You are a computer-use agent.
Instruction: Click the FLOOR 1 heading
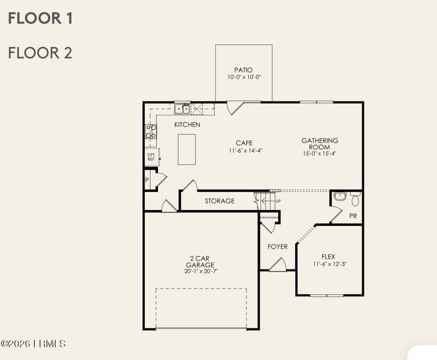coord(40,18)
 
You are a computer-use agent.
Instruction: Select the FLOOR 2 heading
coord(40,53)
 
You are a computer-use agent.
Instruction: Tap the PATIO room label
coord(244,70)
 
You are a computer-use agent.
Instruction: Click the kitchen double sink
coord(182,109)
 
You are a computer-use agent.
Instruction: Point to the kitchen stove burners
coord(151,131)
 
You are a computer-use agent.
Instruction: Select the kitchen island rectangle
coord(187,150)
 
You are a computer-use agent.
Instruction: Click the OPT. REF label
coord(151,157)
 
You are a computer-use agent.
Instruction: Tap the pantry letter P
coord(147,180)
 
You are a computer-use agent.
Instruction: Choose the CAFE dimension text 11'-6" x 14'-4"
coord(245,151)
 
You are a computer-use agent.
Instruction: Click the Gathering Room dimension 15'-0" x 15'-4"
coord(320,154)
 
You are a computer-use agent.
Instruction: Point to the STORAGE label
coord(220,201)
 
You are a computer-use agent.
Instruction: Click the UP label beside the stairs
coord(278,201)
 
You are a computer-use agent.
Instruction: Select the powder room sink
coord(340,196)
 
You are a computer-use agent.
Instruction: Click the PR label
coord(353,216)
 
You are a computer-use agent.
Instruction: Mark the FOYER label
coord(278,247)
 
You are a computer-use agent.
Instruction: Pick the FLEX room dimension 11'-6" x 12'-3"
coord(330,264)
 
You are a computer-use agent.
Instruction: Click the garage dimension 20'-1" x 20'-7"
coord(201,271)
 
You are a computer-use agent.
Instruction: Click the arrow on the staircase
coord(268,201)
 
